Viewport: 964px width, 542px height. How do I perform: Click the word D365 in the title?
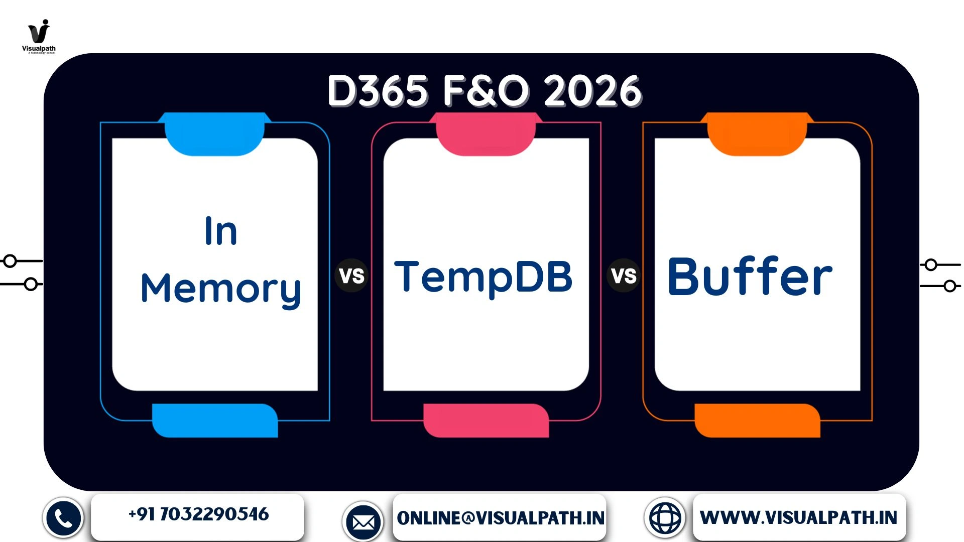click(378, 91)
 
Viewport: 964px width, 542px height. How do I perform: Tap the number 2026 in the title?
click(592, 91)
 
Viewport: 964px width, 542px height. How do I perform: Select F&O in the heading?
click(486, 91)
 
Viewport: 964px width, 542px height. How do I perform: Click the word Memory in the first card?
click(221, 289)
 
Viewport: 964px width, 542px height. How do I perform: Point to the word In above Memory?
click(221, 231)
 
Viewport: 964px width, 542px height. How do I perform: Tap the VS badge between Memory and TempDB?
click(351, 276)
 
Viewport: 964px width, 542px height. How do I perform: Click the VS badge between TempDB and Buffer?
click(624, 276)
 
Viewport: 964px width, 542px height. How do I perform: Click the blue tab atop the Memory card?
click(215, 133)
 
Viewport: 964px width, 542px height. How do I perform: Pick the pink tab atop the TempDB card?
click(486, 133)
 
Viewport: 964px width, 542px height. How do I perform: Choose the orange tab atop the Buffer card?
click(757, 133)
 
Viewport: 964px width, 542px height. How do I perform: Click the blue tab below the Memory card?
click(215, 421)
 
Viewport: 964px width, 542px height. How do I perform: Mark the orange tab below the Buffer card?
click(757, 421)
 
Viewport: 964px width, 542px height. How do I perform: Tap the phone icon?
click(63, 518)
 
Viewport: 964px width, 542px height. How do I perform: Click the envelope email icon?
click(363, 522)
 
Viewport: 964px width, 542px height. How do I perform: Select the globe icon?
click(665, 518)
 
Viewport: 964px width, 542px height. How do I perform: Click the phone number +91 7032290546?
click(198, 514)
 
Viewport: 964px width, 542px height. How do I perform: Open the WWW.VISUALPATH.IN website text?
click(798, 517)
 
